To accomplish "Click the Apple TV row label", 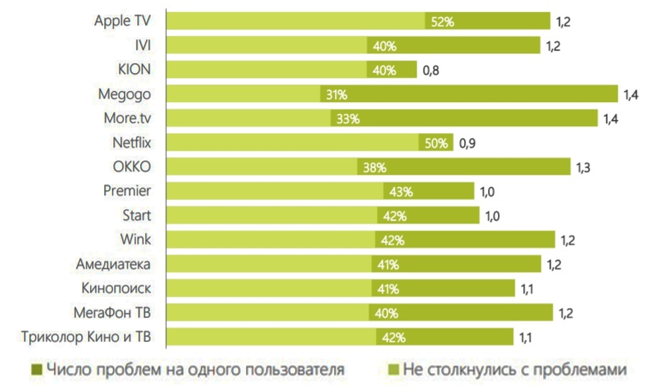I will point(123,21).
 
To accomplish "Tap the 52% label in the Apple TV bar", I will point(442,22).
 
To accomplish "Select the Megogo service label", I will point(125,93).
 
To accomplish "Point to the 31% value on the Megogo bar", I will point(336,95).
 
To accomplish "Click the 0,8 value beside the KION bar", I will point(432,70).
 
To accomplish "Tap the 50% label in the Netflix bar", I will point(437,143).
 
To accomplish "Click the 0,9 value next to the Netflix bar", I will point(468,143).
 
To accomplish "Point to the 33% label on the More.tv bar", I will point(347,119).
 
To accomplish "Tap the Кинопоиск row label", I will point(117,288).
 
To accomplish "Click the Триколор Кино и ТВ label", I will point(86,337).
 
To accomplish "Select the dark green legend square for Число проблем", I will point(36,368).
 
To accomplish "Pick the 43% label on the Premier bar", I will point(400,192).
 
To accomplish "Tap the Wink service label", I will point(136,239).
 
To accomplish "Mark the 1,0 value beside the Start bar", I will point(494,216).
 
